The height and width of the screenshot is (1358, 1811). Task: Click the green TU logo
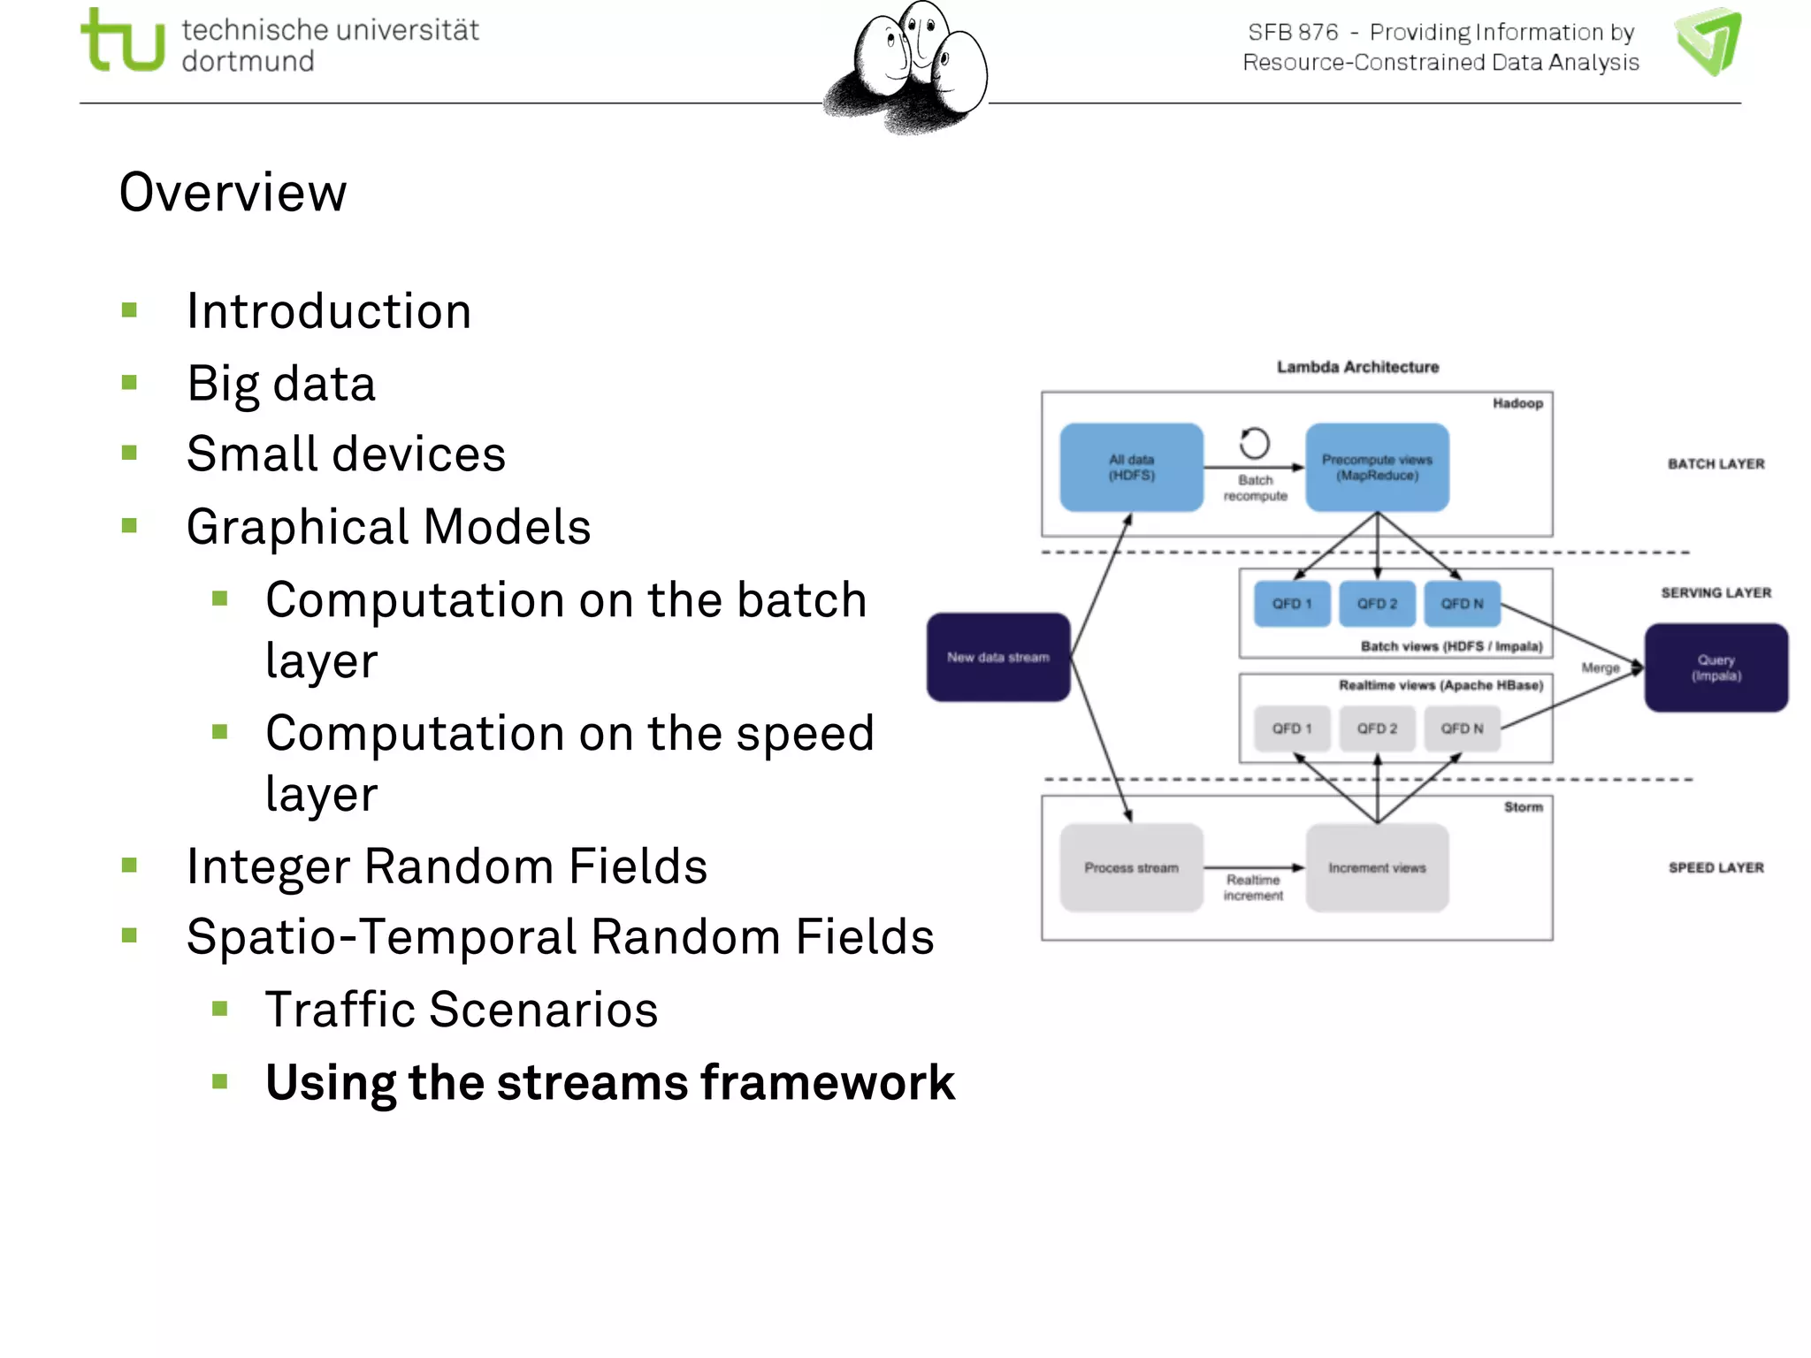122,42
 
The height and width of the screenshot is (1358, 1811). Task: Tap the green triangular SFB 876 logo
1708,42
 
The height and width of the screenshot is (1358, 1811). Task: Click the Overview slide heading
233,192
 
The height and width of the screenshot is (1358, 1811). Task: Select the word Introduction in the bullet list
328,311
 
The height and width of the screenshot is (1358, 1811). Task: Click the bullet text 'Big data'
281,384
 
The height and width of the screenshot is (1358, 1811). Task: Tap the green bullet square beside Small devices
130,454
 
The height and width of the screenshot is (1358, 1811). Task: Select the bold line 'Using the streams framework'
609,1082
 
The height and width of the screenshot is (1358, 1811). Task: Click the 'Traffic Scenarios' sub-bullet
462,1010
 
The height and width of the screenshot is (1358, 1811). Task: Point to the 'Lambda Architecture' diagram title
1357,367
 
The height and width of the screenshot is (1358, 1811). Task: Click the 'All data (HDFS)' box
1131,468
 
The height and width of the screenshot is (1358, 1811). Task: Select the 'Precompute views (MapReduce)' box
1377,468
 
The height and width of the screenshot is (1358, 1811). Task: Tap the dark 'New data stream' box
998,657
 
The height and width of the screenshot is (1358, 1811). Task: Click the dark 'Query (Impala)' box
1715,668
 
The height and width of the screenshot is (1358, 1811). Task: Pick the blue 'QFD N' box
1462,604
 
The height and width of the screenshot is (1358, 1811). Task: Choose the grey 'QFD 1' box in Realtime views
1291,729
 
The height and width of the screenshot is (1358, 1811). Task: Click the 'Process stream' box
1131,868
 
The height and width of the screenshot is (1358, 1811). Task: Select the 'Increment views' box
1377,868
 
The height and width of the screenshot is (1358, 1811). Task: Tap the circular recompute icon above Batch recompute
1254,443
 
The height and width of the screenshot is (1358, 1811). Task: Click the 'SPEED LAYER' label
1715,868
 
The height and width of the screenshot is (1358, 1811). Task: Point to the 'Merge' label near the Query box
1600,668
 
